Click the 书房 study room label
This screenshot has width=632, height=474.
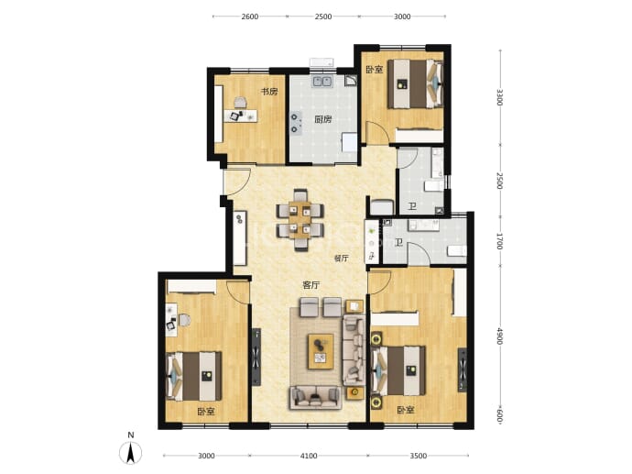(x=269, y=92)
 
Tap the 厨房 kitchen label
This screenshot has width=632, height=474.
(x=322, y=119)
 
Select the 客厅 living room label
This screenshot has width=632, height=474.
(x=311, y=285)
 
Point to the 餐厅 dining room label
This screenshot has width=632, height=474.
(x=342, y=259)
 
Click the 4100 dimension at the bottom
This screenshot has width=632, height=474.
(x=309, y=456)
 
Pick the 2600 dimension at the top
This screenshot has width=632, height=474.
(x=250, y=17)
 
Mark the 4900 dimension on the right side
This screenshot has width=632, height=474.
(x=500, y=336)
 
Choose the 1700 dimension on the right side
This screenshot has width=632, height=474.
(x=500, y=241)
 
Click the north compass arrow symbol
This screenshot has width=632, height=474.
(x=131, y=452)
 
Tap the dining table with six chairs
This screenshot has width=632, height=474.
(x=300, y=220)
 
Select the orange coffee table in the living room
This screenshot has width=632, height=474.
(x=321, y=351)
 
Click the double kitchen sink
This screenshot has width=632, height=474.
(x=322, y=81)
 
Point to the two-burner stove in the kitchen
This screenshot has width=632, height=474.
(x=296, y=124)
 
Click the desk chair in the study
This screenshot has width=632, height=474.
(x=240, y=103)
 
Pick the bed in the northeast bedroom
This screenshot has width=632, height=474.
(x=416, y=84)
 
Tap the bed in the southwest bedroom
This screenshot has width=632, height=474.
(x=194, y=376)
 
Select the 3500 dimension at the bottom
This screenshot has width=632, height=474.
(x=419, y=456)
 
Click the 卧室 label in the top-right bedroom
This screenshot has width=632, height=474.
(x=375, y=70)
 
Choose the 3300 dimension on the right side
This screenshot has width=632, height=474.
(x=500, y=97)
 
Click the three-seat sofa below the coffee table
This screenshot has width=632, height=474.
(x=315, y=398)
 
